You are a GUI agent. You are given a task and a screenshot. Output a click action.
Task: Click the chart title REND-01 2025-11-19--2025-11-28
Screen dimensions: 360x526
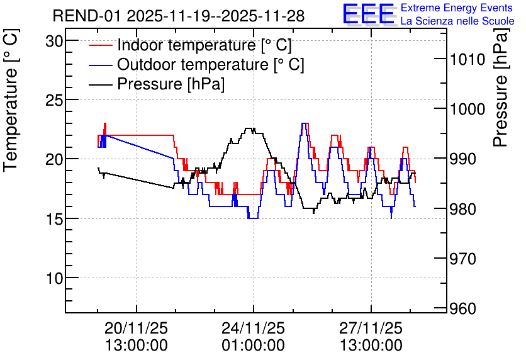(179, 16)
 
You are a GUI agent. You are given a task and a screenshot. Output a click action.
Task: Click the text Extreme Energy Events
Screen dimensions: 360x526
(457, 8)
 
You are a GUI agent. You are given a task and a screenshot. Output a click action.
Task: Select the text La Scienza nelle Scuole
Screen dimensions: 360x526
(457, 21)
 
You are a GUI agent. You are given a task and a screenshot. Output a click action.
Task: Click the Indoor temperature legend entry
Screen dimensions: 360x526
(204, 45)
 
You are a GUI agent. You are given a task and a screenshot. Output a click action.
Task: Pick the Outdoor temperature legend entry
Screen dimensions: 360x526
(210, 64)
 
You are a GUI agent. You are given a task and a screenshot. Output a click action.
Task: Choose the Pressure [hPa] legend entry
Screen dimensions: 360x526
(171, 84)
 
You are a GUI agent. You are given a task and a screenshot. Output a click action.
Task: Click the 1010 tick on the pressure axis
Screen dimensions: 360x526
(466, 60)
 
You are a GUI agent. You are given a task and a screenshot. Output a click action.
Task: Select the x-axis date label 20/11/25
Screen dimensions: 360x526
(136, 328)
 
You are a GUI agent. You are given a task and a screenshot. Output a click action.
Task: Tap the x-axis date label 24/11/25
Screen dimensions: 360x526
(253, 328)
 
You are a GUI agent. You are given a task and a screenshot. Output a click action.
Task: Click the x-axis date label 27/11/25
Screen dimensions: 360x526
(371, 328)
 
